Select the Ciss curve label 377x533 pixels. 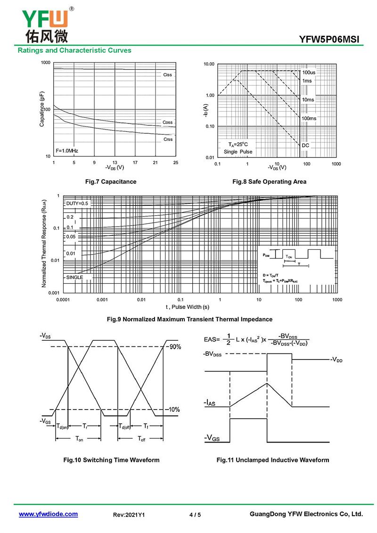click(167, 75)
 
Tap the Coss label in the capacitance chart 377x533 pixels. click(167, 122)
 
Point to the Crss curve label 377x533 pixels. click(168, 139)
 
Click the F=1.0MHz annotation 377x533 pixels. click(67, 150)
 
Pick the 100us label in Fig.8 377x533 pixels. click(309, 73)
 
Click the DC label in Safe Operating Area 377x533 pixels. click(305, 145)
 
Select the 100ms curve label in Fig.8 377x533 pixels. click(309, 118)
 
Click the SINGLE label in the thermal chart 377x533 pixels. click(74, 277)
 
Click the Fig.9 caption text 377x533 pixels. click(189, 319)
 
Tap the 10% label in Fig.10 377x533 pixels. click(174, 410)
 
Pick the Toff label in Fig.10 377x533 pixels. click(141, 438)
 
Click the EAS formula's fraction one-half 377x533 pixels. click(228, 339)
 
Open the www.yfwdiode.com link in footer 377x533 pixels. click(48, 514)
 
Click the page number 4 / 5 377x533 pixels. click(195, 515)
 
